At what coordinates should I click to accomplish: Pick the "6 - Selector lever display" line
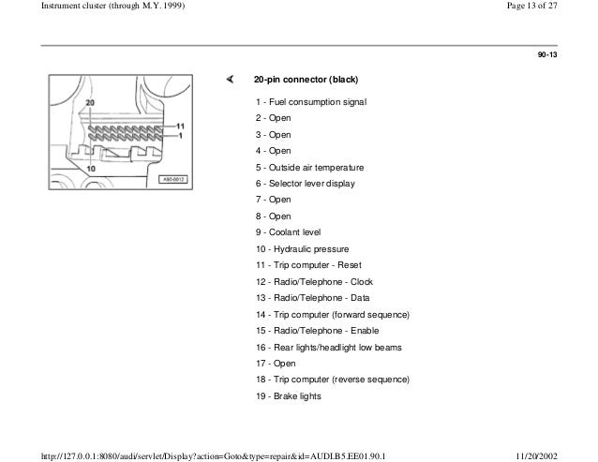coord(305,184)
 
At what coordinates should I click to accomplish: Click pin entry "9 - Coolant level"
coord(289,232)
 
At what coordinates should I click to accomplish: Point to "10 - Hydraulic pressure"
coord(301,249)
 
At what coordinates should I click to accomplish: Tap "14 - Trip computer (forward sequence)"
coord(333,315)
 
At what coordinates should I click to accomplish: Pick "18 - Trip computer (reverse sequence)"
coord(332,380)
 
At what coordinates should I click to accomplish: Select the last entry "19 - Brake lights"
coord(287,396)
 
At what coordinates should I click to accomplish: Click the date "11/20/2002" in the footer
coord(565,454)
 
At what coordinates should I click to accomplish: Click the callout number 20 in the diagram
coord(88,101)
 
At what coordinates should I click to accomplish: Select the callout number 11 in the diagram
coord(181,125)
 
